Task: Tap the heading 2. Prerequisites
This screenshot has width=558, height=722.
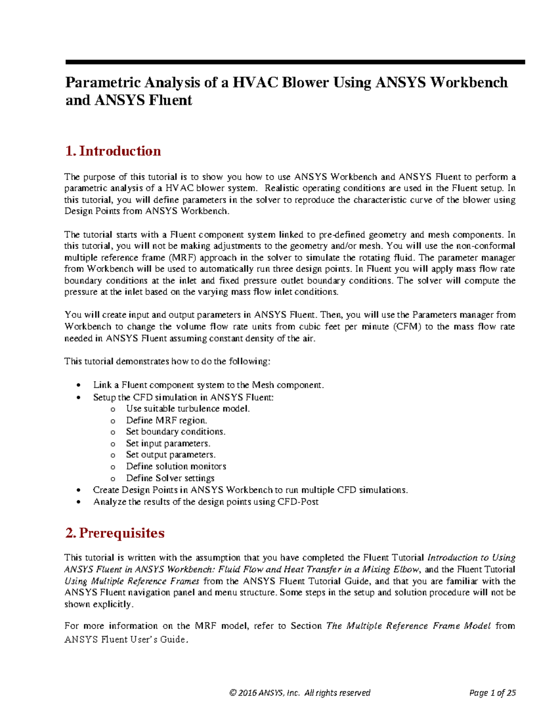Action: [x=115, y=533]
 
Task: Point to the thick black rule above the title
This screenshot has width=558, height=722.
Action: [x=295, y=62]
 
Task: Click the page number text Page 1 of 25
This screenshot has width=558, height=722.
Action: [x=492, y=693]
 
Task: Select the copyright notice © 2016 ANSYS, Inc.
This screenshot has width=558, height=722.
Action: [x=265, y=693]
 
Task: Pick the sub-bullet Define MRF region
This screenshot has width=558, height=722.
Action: [x=166, y=420]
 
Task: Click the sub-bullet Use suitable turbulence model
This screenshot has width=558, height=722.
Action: [x=188, y=409]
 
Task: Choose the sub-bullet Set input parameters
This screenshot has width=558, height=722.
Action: [x=168, y=444]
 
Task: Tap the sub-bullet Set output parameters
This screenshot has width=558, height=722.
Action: [x=171, y=455]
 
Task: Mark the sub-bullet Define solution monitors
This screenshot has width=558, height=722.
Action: [x=176, y=466]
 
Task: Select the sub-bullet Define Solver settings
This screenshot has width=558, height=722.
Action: [x=170, y=478]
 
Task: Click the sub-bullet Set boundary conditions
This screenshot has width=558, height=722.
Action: [x=175, y=432]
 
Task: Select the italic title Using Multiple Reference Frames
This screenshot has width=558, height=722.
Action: [x=132, y=581]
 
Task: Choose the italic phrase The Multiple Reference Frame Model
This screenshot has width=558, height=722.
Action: [x=408, y=626]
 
